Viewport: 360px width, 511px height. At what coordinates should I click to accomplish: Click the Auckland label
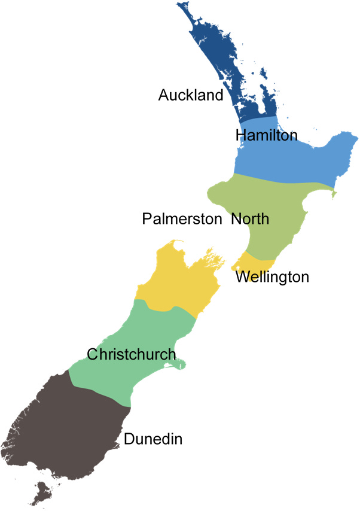[190, 95]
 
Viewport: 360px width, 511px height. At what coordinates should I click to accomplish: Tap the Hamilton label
[266, 135]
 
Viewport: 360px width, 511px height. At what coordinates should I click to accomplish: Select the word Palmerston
[182, 219]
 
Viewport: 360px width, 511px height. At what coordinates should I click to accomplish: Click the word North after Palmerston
[250, 219]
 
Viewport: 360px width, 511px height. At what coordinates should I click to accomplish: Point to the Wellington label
[272, 277]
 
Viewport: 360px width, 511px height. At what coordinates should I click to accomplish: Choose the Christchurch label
[132, 354]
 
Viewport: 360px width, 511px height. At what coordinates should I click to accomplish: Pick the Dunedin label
[153, 440]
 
